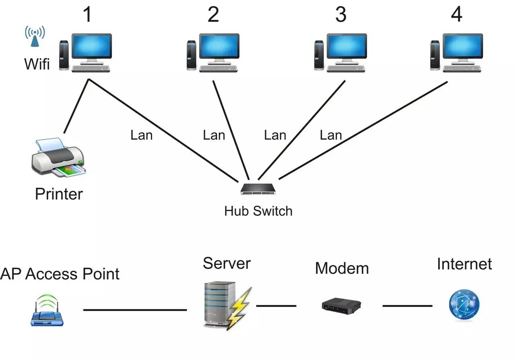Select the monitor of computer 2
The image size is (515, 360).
click(x=219, y=47)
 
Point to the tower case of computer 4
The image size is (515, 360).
click(x=435, y=55)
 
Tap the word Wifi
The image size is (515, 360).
click(x=37, y=64)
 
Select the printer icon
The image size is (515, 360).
click(x=59, y=157)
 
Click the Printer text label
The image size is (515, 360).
click(x=59, y=194)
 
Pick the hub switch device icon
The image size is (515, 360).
click(x=258, y=188)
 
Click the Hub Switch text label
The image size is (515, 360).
click(x=258, y=211)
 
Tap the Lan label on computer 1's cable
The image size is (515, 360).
click(x=142, y=135)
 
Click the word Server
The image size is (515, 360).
click(x=227, y=263)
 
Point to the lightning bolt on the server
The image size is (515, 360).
click(x=240, y=308)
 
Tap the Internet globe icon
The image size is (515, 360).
click(x=464, y=304)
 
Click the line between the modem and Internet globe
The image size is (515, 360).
click(x=407, y=306)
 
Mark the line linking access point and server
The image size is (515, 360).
click(x=135, y=310)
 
